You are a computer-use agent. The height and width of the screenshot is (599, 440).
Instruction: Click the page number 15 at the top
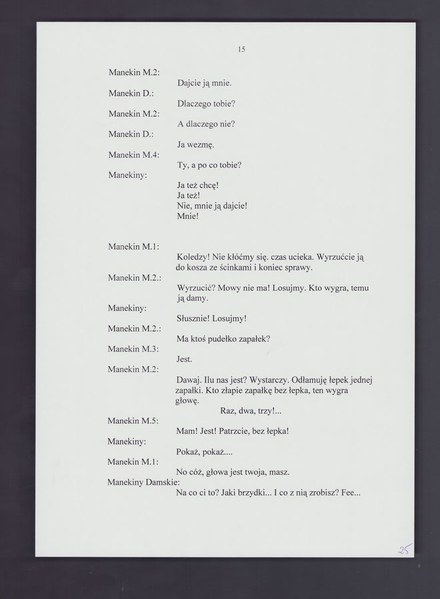pos(241,49)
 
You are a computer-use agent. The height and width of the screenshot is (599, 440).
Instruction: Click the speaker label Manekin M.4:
pos(133,155)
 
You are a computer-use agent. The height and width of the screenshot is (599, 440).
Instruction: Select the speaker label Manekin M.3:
pos(133,349)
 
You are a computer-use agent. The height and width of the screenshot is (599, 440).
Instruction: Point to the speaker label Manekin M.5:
pos(133,421)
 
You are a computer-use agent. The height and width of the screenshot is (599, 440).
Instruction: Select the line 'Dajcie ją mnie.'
pos(204,84)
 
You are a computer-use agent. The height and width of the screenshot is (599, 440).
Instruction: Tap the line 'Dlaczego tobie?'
pos(206,104)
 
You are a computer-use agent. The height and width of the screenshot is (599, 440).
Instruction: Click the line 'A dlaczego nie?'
pos(206,124)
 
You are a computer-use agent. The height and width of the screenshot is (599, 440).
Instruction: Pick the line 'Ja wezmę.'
pos(195,144)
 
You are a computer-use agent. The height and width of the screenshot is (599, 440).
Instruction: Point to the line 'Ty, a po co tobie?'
pos(209,164)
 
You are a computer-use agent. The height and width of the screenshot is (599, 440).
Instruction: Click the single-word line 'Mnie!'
pos(188,216)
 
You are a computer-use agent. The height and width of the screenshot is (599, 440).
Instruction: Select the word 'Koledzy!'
pos(193,257)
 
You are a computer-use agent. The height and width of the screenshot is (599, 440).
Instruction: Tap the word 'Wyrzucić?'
pos(195,288)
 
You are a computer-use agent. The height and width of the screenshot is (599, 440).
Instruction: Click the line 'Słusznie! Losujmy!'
pos(211,319)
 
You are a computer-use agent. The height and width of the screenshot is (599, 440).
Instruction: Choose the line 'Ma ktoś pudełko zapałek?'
pos(223,339)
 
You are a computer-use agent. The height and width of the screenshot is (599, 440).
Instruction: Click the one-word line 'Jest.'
pos(184,359)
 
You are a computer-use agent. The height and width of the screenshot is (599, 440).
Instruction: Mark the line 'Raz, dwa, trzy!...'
pos(251,411)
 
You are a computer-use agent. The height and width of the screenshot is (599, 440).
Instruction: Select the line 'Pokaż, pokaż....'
pos(204,452)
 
